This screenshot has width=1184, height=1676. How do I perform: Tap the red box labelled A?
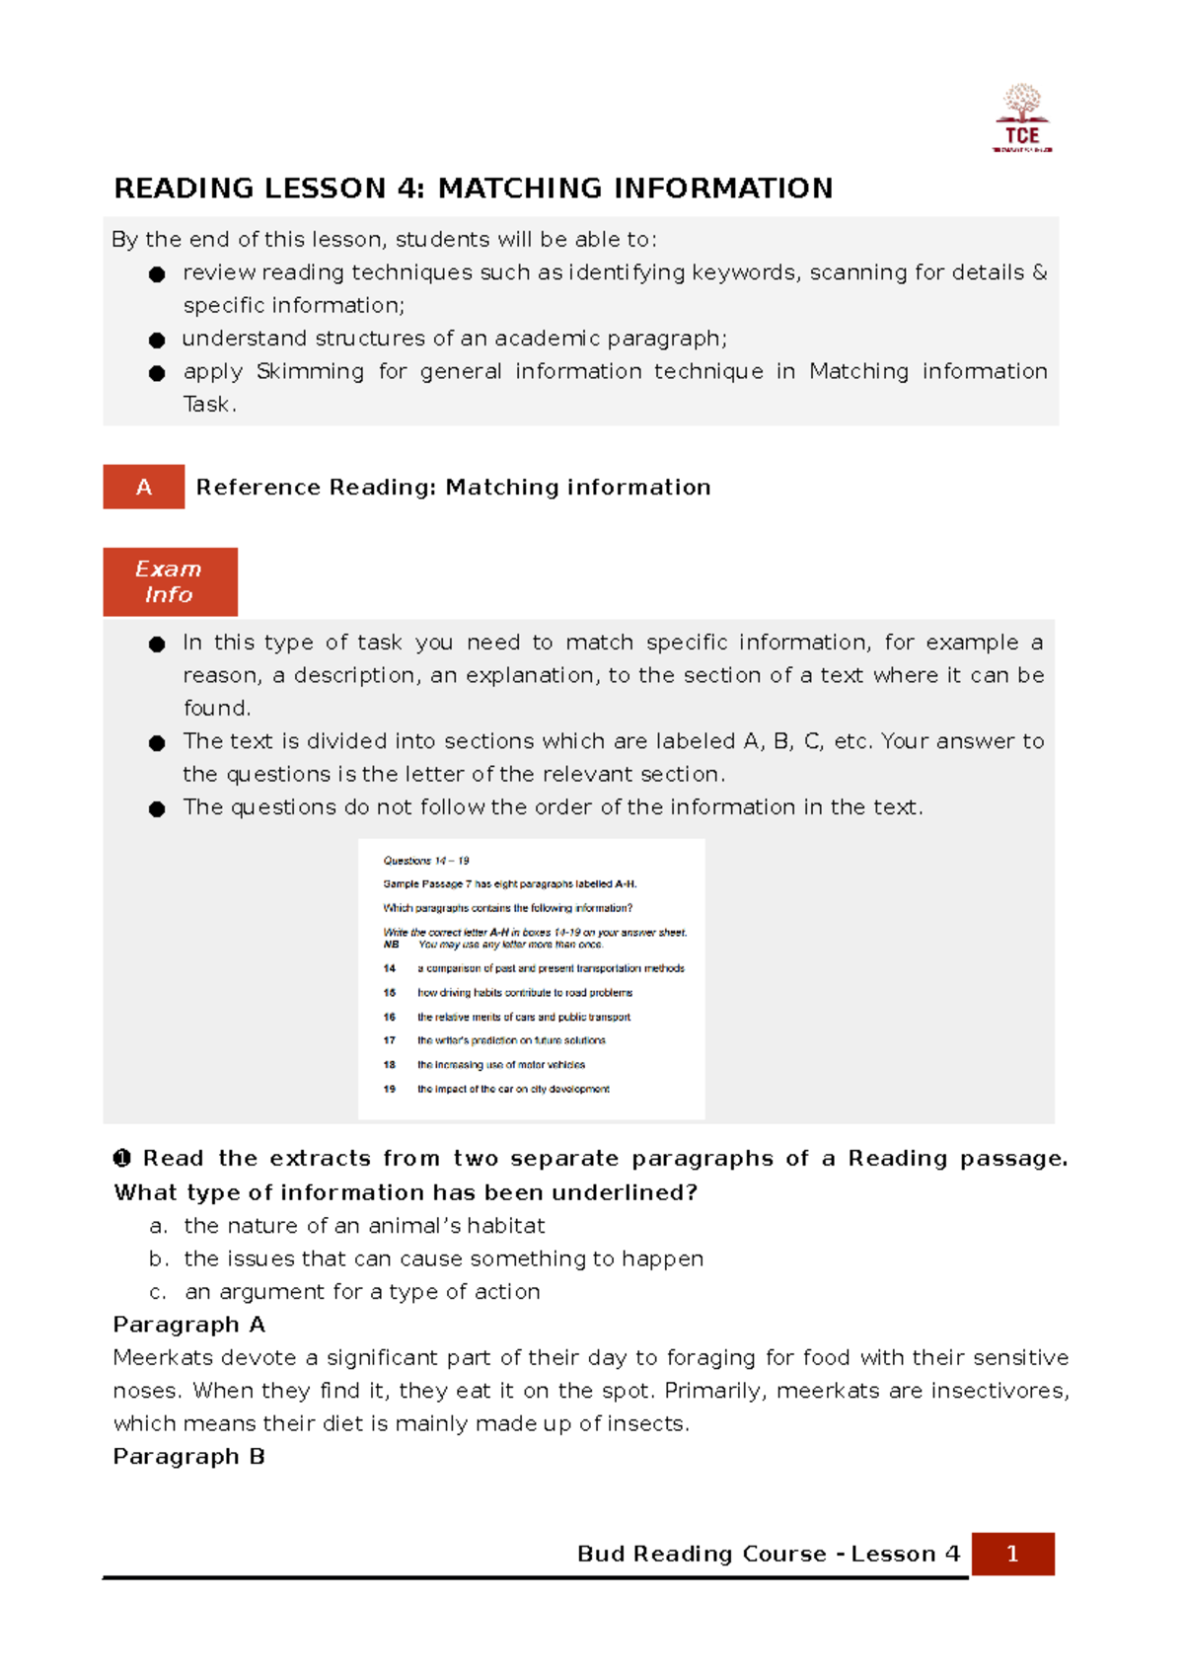click(144, 487)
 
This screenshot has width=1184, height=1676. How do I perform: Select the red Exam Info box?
click(170, 582)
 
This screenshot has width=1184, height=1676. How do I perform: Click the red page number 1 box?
click(1012, 1554)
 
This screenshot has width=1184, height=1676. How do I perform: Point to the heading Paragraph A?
click(188, 1325)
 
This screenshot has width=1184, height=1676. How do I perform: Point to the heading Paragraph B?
click(188, 1457)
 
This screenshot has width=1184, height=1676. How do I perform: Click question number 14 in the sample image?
click(390, 968)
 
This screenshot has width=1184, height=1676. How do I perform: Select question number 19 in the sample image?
click(390, 1089)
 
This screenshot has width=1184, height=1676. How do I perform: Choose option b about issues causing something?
click(443, 1258)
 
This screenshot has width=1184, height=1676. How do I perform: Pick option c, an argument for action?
click(362, 1292)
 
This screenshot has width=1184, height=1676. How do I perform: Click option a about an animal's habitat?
click(364, 1226)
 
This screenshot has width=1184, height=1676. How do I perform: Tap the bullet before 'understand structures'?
click(156, 341)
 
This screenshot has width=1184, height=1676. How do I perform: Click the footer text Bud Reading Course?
click(702, 1554)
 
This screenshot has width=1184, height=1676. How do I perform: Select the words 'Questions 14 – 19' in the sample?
click(426, 861)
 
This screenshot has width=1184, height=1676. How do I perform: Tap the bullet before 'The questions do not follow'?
click(156, 809)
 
